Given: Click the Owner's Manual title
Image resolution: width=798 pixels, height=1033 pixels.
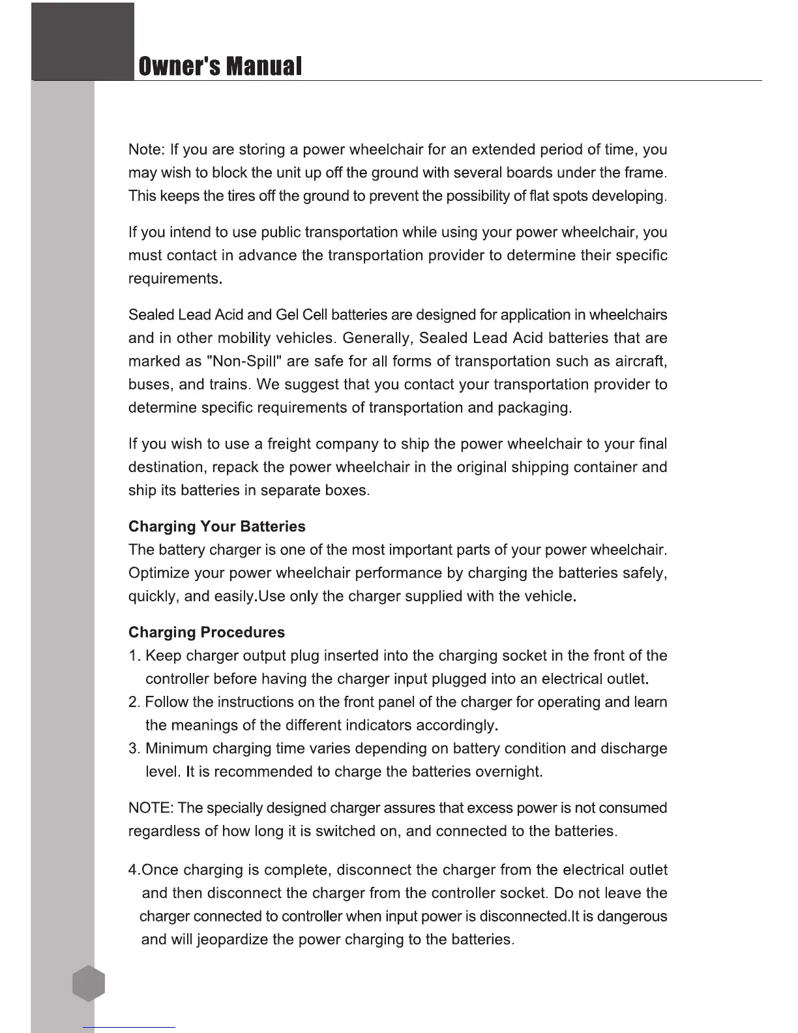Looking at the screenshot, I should click(x=220, y=66).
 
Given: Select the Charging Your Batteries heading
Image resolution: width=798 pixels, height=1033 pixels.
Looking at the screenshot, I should click(x=216, y=526).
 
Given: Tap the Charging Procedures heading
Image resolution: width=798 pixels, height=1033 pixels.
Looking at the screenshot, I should click(x=207, y=632).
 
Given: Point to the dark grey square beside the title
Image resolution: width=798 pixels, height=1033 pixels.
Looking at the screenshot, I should click(x=83, y=40).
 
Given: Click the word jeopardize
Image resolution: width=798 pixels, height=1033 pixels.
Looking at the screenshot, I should click(x=231, y=939).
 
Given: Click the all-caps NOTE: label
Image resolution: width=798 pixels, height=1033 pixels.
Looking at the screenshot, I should click(x=151, y=808).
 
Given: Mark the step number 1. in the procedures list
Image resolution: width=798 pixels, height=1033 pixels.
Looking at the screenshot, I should click(x=134, y=655).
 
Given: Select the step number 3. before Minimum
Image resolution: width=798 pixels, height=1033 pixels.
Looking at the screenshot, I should click(x=134, y=748).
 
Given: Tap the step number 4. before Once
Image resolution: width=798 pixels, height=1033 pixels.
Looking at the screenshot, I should click(x=134, y=870).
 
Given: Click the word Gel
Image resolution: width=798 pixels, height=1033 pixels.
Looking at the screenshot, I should click(x=287, y=315).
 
